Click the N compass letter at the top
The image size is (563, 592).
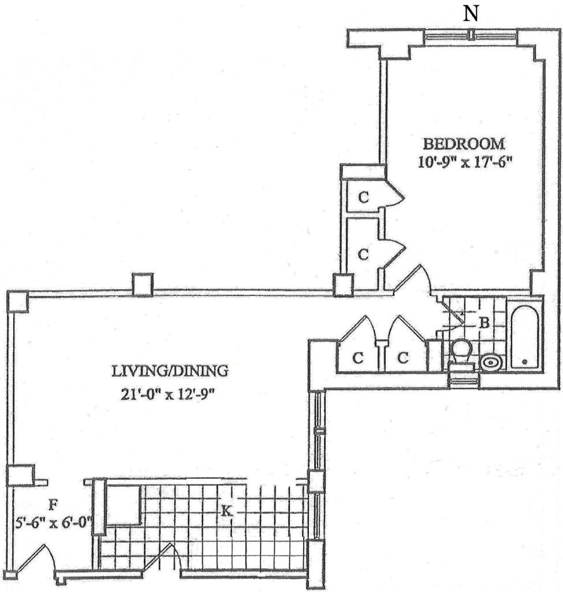(472, 14)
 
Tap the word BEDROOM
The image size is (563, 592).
(464, 143)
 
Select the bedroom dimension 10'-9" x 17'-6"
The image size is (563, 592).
(466, 161)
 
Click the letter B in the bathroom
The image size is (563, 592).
(483, 324)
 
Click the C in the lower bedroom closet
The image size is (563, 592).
(363, 254)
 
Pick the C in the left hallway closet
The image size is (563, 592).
(358, 358)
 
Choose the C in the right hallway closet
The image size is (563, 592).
(403, 358)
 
